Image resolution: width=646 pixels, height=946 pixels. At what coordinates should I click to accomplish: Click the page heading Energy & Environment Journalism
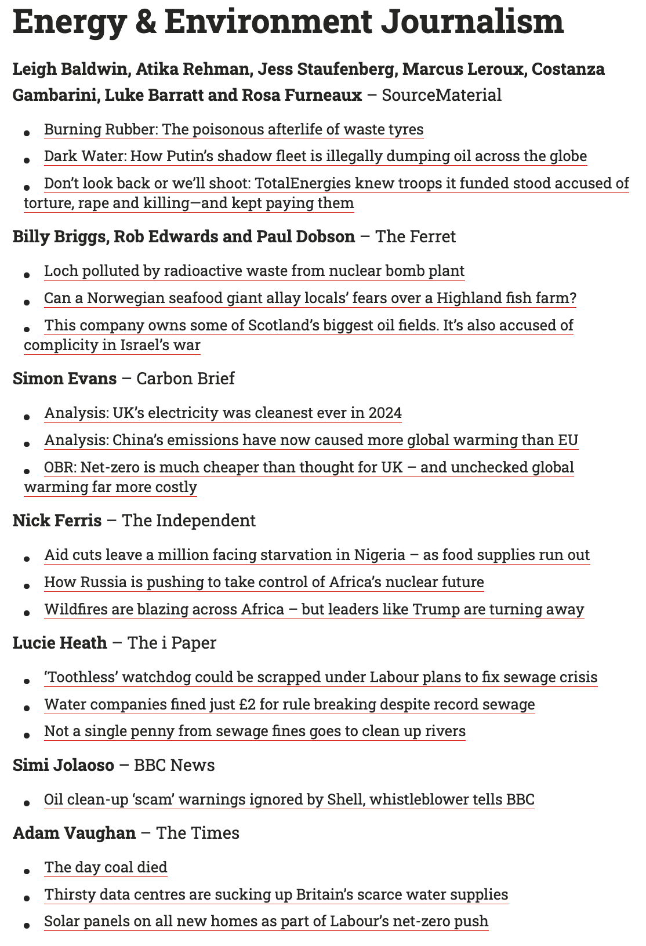[288, 22]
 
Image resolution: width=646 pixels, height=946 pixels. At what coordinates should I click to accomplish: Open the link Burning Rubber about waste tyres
[234, 129]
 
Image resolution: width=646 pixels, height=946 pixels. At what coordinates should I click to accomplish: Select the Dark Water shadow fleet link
[315, 157]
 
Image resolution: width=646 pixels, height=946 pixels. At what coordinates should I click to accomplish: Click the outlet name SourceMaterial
[441, 95]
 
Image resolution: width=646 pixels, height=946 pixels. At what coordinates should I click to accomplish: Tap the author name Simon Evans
[64, 379]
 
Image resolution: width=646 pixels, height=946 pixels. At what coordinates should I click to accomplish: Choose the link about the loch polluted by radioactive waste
[254, 271]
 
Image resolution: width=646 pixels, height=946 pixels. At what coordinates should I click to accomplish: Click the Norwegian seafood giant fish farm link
[310, 299]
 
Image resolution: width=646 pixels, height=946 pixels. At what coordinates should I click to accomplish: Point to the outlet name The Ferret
[415, 237]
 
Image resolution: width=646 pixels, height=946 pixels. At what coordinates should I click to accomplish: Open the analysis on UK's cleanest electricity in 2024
[223, 413]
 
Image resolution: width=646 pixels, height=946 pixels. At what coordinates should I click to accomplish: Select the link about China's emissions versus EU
[311, 441]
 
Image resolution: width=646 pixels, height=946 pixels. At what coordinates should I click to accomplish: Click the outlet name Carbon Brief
[186, 379]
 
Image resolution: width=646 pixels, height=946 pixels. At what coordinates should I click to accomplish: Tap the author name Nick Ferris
[57, 521]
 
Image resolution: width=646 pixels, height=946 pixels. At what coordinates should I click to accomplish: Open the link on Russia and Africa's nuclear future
[264, 582]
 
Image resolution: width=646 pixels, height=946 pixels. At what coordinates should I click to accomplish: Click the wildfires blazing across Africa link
[314, 610]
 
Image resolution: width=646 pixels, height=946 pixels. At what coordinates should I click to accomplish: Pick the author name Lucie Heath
[60, 643]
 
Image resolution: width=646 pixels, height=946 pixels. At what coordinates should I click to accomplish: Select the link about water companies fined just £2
[289, 705]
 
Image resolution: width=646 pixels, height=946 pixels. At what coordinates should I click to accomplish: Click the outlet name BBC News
[174, 765]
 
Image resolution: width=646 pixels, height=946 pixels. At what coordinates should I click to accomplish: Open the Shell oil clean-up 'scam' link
[289, 800]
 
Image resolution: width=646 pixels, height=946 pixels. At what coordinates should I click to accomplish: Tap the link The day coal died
[106, 868]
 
